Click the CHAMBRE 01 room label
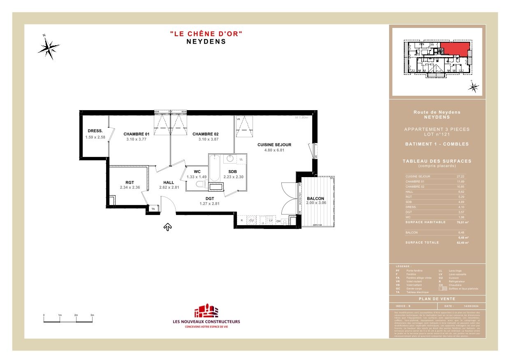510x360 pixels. click(136, 134)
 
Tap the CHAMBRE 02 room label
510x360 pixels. click(205, 134)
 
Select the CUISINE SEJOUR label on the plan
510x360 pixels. click(274, 145)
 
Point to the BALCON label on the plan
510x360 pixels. click(315, 198)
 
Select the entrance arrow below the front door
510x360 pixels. click(167, 226)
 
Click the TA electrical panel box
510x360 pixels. click(153, 209)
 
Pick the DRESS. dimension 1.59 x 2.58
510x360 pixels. click(95, 137)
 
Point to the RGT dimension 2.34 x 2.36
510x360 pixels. click(130, 187)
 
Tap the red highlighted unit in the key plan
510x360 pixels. click(454, 49)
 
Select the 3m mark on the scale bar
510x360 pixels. click(92, 315)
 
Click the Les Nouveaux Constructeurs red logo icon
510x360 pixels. click(206, 311)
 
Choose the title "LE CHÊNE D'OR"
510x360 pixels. click(206, 34)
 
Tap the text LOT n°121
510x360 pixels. click(437, 134)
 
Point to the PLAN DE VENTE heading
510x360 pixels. click(437, 299)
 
